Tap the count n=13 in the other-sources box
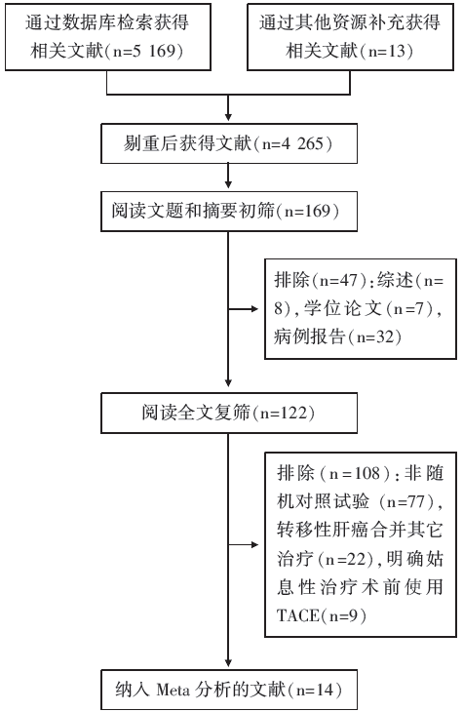point(387,51)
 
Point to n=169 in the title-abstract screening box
point(311,211)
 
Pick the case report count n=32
point(376,336)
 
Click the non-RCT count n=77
point(406,501)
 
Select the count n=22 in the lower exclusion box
point(346,559)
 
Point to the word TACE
point(297,615)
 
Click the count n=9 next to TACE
point(344,615)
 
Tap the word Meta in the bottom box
point(174,691)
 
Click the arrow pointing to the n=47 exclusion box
point(244,309)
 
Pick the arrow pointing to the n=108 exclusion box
point(244,544)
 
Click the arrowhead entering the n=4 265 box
point(228,117)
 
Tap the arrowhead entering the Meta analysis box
point(228,664)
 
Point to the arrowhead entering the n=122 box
point(228,382)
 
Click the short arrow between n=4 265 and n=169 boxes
point(228,176)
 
